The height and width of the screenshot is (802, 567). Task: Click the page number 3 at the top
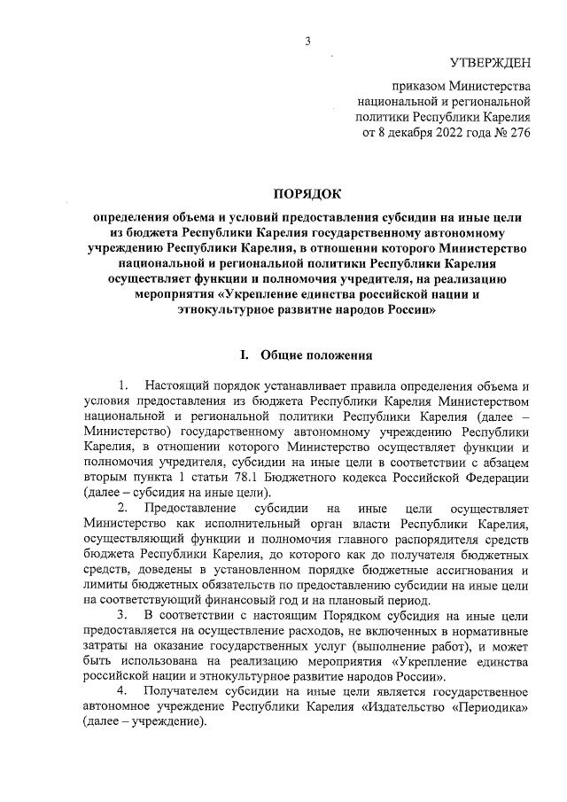pyautogui.click(x=307, y=40)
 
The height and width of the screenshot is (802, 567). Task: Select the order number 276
pyautogui.click(x=516, y=134)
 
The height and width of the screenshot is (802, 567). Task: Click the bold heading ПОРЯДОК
pyautogui.click(x=307, y=192)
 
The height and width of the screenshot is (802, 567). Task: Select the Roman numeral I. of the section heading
pyautogui.click(x=245, y=355)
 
